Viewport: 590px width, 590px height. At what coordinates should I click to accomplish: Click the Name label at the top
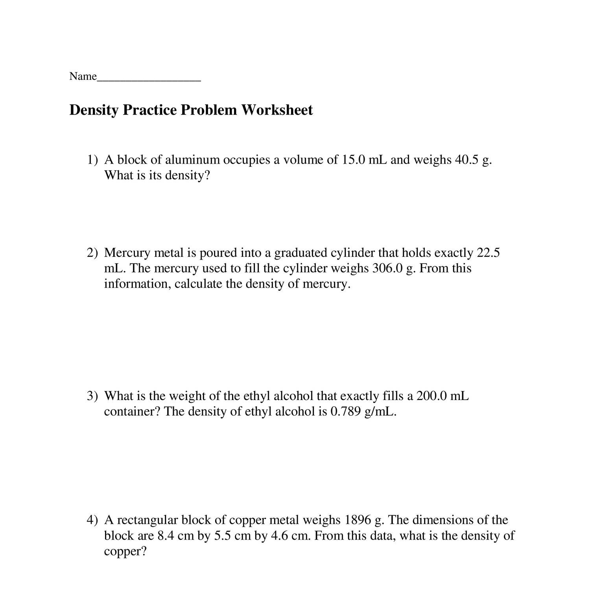click(x=83, y=76)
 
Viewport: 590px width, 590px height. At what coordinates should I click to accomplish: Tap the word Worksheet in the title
click(x=277, y=110)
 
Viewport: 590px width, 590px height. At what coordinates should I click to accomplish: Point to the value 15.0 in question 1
click(x=352, y=160)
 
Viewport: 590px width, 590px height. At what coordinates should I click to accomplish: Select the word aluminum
click(x=192, y=160)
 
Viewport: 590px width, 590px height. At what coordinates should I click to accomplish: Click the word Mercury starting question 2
click(x=127, y=253)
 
